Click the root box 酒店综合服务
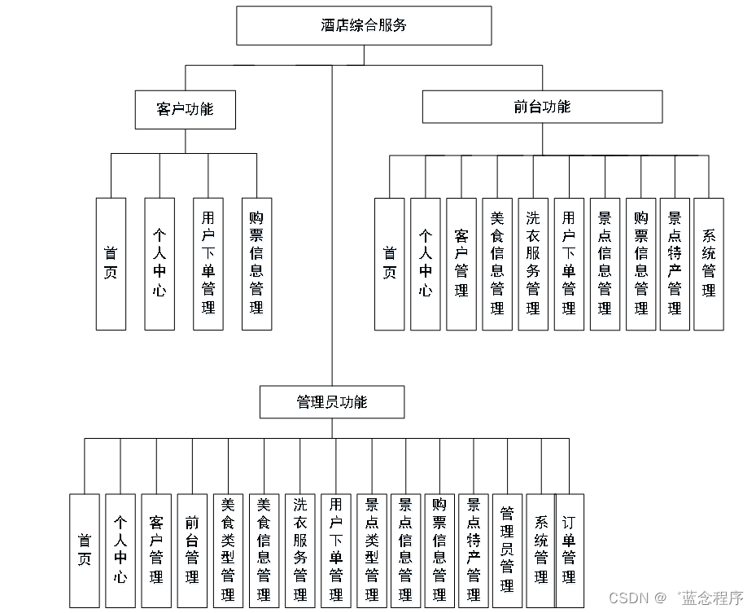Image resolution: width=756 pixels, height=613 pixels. [364, 25]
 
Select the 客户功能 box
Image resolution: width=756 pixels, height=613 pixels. [185, 109]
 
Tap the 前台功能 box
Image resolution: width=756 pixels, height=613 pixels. [542, 107]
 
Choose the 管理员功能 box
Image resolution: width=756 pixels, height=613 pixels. [331, 402]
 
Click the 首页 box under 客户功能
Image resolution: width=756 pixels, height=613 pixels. [111, 264]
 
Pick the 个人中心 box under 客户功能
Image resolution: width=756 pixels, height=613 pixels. [160, 264]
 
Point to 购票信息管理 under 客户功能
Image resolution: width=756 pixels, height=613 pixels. [257, 264]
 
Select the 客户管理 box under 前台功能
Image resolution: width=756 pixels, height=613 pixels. [461, 264]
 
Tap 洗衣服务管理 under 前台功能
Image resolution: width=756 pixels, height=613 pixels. [533, 264]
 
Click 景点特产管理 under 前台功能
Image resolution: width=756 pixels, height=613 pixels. [675, 264]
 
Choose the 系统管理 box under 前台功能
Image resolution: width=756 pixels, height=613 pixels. [709, 264]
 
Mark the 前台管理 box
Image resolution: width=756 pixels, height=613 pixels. [192, 550]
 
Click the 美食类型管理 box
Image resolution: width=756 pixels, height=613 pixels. [228, 550]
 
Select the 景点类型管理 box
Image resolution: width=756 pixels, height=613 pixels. [371, 550]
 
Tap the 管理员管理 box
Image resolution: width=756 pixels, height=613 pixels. [507, 550]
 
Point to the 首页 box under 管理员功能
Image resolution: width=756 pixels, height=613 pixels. [85, 550]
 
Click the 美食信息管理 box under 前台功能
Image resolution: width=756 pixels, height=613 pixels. [497, 264]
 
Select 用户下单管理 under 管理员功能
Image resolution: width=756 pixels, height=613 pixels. [335, 550]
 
